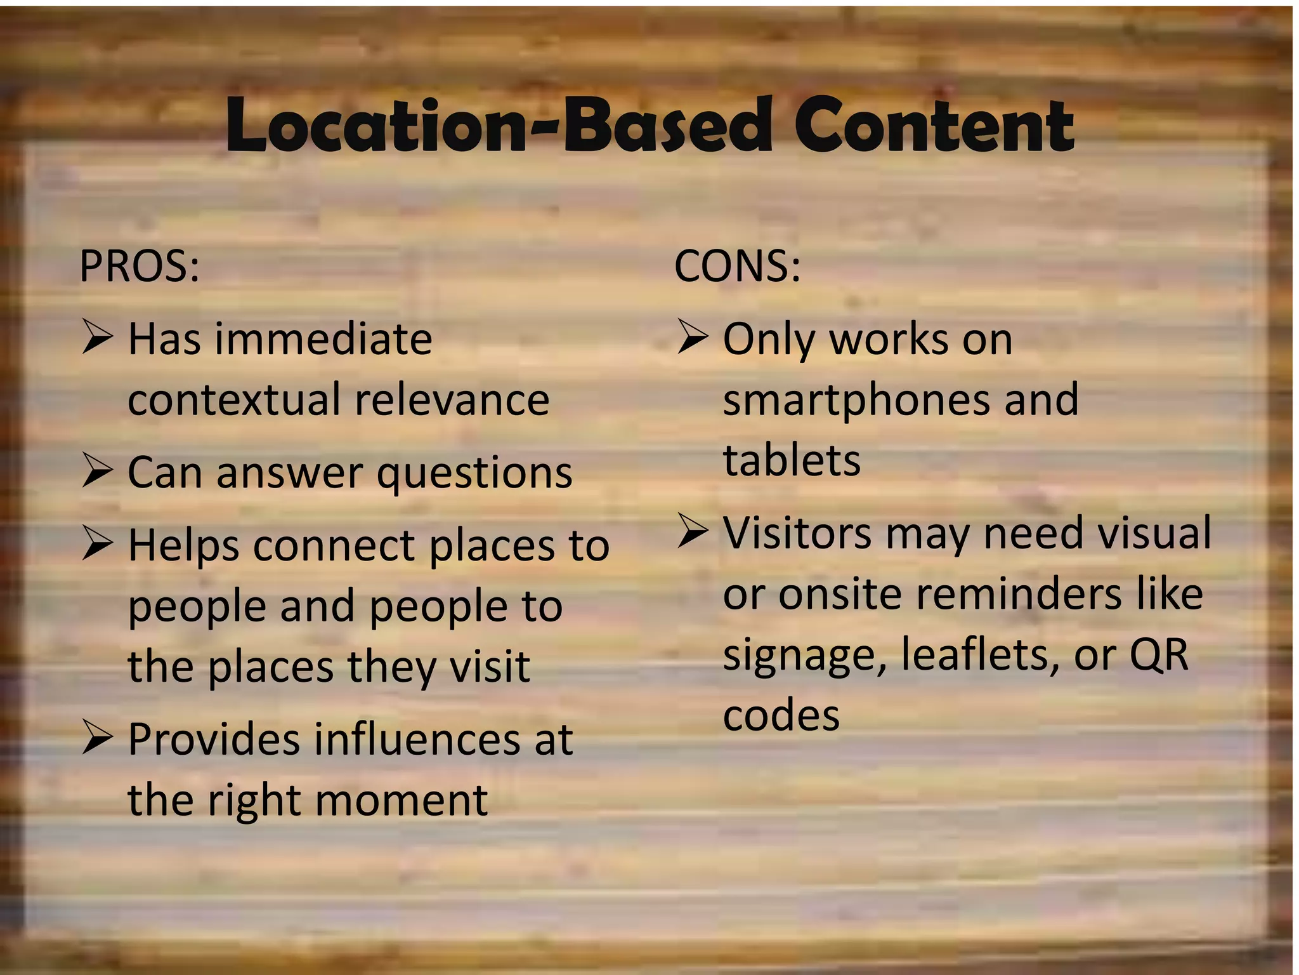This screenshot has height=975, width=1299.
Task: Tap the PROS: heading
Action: tap(140, 266)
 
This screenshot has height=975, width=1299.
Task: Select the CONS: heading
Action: tap(737, 266)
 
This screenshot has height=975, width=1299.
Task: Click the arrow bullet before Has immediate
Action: tap(98, 337)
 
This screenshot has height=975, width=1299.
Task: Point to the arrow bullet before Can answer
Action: tap(98, 472)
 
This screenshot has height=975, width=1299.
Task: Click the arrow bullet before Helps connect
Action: tap(98, 545)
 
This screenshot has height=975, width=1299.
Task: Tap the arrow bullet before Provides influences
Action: tap(98, 738)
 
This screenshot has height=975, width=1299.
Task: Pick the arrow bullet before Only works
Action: tap(693, 336)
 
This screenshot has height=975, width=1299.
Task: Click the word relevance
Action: tap(452, 400)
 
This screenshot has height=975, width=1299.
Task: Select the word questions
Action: tap(474, 474)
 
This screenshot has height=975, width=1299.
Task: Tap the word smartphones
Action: tap(854, 401)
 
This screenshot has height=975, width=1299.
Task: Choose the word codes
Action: tap(781, 715)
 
